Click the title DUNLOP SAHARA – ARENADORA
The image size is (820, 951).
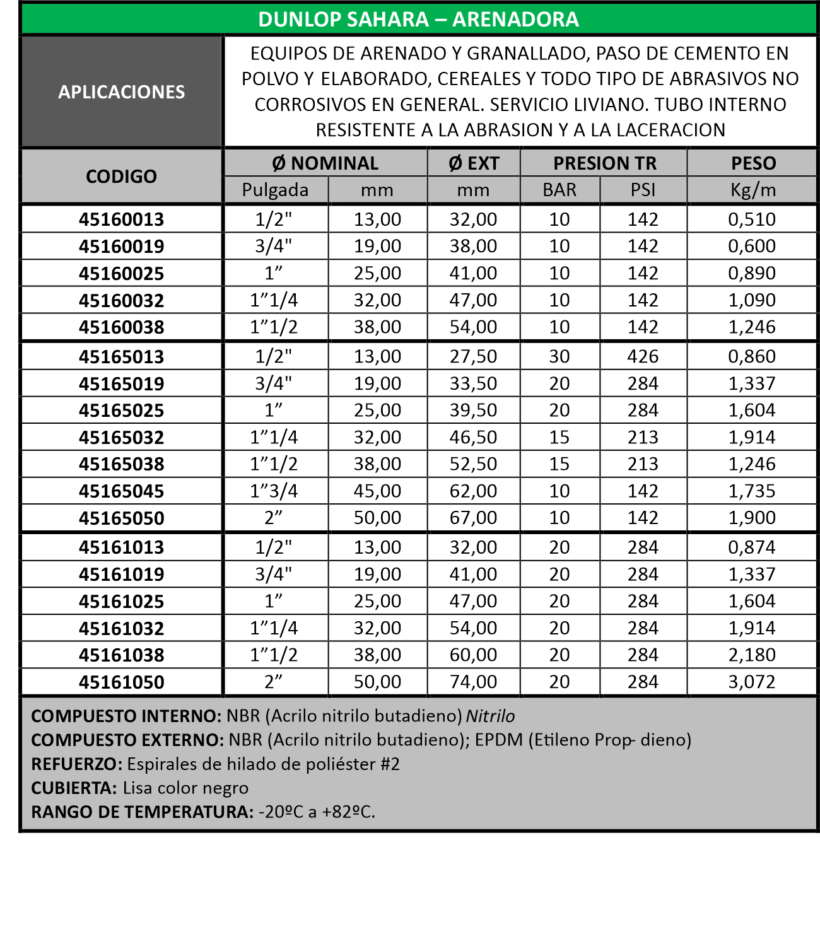coord(418,20)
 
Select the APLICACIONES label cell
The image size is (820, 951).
coord(122,92)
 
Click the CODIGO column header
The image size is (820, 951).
coord(121,177)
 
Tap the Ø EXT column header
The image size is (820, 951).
coord(474,163)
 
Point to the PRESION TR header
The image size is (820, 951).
coord(604,163)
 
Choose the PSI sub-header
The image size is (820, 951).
coord(643,190)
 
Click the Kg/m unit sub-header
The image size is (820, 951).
coord(753,190)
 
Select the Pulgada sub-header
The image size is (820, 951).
coord(275,190)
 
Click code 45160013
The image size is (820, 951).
coord(121,219)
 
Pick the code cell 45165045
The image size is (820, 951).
coord(121,491)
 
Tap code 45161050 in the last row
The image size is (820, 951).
coord(121,682)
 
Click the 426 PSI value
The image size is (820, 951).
coord(643,357)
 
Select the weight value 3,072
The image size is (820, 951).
coord(752,682)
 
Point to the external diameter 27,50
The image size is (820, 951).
coord(473,357)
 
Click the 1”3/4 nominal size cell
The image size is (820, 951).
coord(274,491)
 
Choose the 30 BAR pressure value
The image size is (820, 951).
coord(559,357)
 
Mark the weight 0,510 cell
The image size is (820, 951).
coord(752,219)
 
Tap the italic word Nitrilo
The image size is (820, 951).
coord(490,716)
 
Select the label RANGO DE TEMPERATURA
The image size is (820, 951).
coord(142,812)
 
